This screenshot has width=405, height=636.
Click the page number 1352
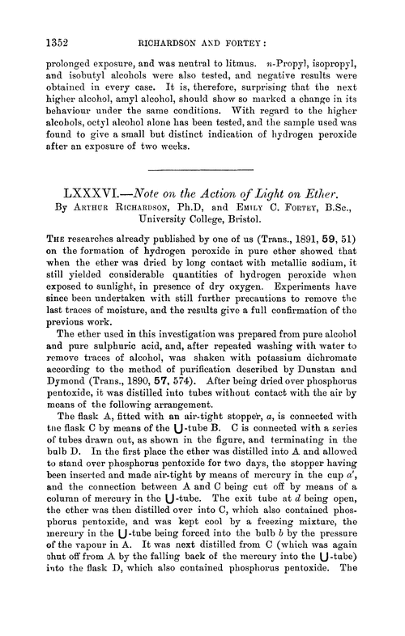(32, 35)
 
